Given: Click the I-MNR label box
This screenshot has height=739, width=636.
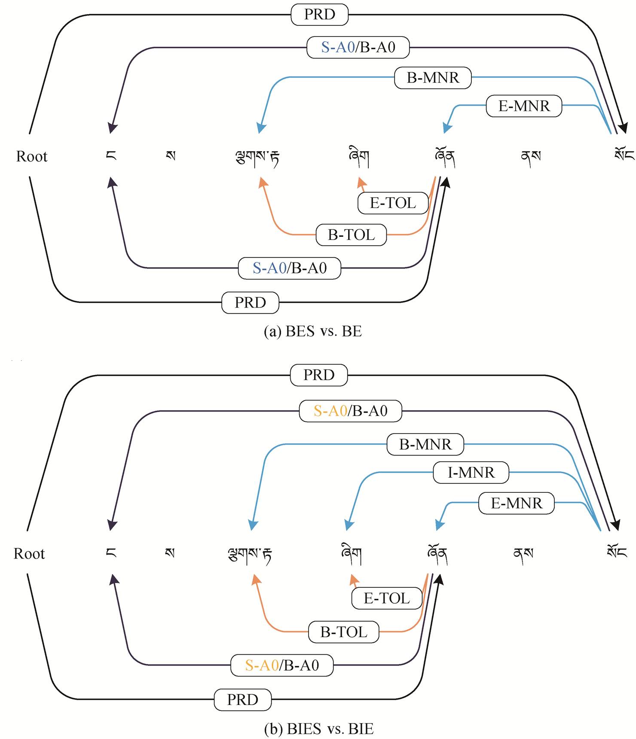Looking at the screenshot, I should tap(471, 473).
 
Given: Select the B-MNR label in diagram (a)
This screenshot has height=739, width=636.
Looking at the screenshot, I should tap(433, 78).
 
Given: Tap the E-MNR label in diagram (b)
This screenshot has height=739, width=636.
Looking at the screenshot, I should tap(517, 503).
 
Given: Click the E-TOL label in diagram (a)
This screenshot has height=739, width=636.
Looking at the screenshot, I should tap(393, 203).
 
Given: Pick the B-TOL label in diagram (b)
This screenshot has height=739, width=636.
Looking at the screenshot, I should tap(344, 632).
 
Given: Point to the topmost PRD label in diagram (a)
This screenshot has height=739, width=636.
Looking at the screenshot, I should tap(319, 14).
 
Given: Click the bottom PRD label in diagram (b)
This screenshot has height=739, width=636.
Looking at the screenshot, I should tap(243, 700).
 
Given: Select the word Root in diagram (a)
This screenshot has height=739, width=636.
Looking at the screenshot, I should tap(32, 156).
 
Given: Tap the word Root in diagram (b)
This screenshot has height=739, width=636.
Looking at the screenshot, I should tap(29, 554).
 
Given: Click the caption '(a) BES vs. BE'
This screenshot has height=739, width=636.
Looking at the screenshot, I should tap(313, 331).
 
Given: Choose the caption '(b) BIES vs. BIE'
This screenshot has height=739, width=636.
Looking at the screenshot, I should tap(318, 729).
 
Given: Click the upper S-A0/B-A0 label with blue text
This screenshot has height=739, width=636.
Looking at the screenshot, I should tap(358, 47).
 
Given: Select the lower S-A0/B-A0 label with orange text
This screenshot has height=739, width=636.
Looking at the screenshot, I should tap(282, 666).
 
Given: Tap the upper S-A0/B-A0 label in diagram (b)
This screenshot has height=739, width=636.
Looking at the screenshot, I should tap(351, 411).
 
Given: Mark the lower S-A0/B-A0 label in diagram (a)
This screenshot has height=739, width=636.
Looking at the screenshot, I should tap(290, 268).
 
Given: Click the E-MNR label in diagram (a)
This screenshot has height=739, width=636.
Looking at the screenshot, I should tap(524, 106).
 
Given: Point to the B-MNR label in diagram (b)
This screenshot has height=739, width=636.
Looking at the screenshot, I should tap(425, 444).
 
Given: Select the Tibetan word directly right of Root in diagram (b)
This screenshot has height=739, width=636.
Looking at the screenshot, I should tap(111, 553).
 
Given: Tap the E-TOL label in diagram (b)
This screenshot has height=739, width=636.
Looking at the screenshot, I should tap(387, 598).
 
